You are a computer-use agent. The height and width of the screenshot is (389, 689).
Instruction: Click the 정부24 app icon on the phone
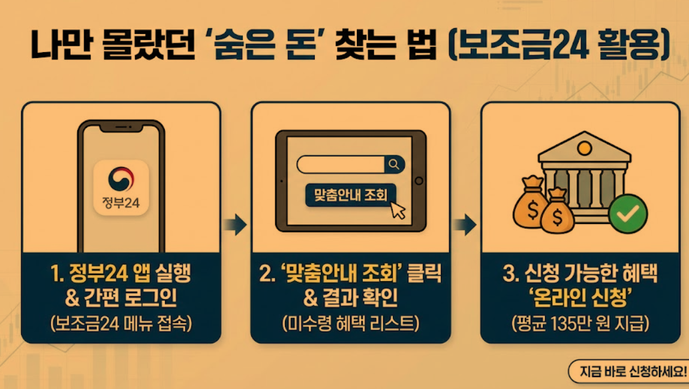[121, 187]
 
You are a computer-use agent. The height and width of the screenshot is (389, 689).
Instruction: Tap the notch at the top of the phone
[121, 128]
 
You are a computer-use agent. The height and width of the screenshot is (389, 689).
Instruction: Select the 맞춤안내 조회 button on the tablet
[351, 194]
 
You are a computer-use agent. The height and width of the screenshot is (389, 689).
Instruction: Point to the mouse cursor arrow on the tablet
[398, 209]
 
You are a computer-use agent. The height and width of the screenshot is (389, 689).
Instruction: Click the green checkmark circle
[628, 214]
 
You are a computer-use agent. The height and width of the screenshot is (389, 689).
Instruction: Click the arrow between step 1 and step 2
[236, 226]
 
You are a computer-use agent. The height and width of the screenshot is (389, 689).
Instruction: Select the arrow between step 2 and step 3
[465, 226]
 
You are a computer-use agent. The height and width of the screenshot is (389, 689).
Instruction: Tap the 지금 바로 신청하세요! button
[628, 371]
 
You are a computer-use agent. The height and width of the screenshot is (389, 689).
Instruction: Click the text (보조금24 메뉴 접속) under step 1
[121, 324]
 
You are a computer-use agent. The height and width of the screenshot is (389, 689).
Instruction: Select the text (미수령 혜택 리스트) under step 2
[351, 324]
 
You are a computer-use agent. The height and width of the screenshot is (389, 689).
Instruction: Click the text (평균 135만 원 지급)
[580, 324]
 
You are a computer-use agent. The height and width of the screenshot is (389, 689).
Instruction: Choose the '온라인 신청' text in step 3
[580, 298]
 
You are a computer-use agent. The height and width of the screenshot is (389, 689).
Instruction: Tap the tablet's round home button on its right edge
[419, 181]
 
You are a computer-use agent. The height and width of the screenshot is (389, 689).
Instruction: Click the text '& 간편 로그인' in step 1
[121, 298]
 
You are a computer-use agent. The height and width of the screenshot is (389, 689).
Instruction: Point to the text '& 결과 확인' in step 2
[351, 298]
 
